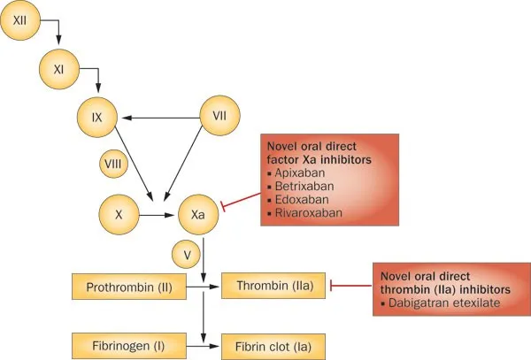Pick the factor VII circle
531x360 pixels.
tap(221, 115)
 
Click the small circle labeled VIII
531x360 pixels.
tap(115, 164)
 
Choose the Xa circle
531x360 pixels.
tap(200, 214)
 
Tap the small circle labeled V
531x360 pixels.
tap(188, 256)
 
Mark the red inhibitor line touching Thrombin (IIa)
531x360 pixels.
tap(350, 286)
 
